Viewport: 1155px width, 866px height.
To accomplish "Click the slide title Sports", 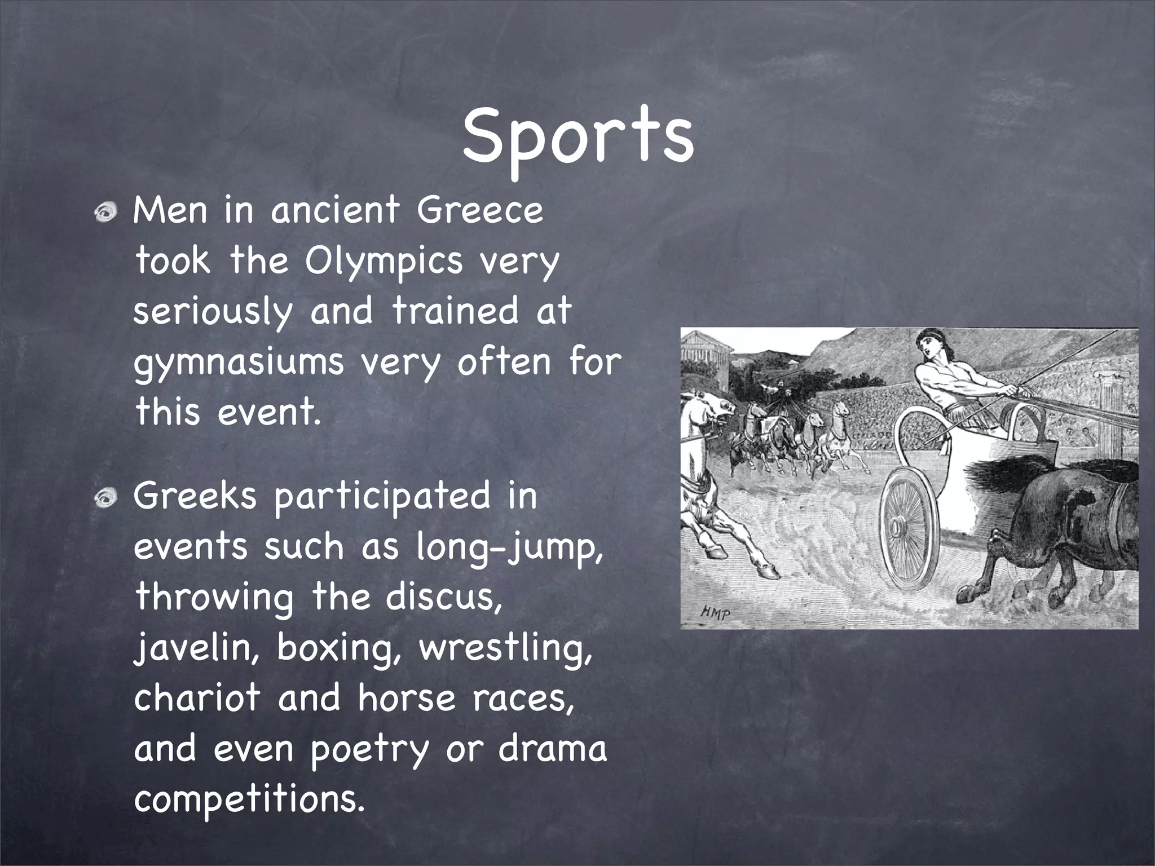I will click(x=577, y=138).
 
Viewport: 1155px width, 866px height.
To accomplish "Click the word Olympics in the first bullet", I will click(x=383, y=260).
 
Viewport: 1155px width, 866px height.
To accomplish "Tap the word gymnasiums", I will click(x=238, y=362).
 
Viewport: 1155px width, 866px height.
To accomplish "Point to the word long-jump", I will click(x=509, y=547).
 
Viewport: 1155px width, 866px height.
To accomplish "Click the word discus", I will click(x=443, y=597).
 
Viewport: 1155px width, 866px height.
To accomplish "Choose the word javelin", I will click(x=197, y=648).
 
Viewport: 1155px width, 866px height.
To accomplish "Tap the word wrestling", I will click(x=506, y=648).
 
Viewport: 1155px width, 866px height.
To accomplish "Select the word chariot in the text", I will click(x=197, y=697).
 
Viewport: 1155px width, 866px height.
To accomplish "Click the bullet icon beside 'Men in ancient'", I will click(x=105, y=213).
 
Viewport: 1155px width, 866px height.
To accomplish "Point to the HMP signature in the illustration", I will click(x=715, y=611).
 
